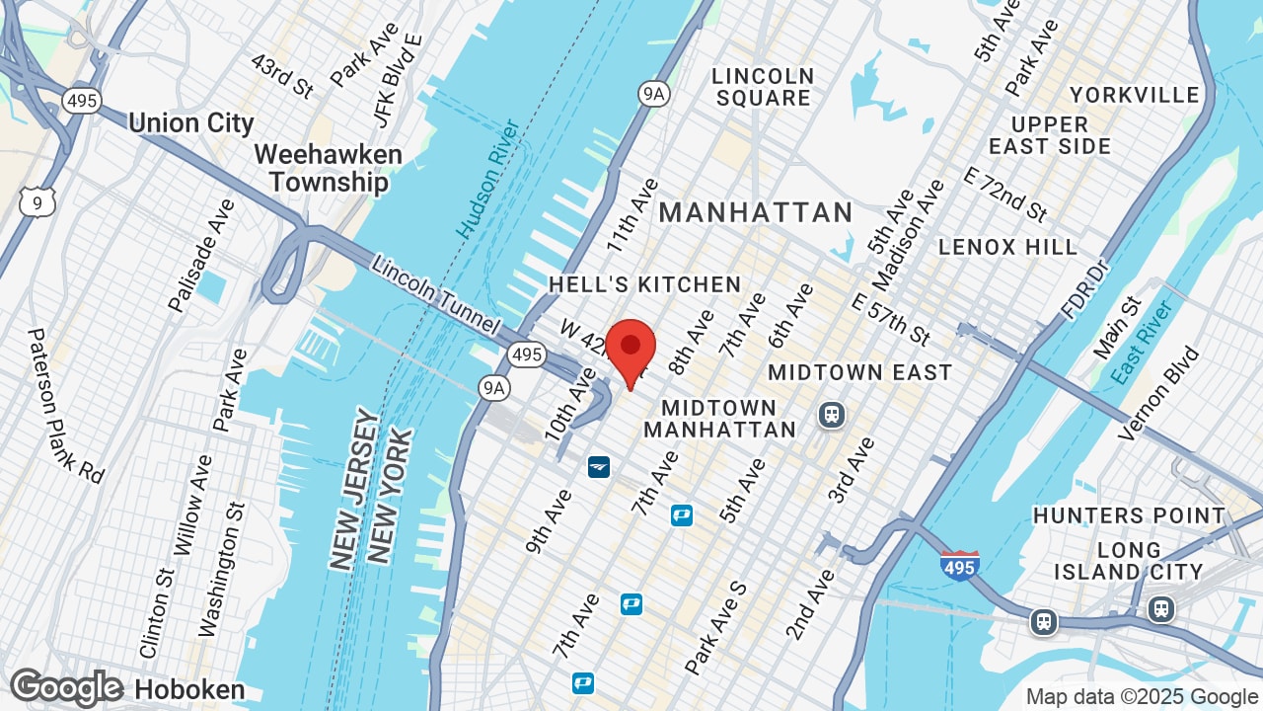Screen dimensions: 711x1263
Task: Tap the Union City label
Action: point(191,123)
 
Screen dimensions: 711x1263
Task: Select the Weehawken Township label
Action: point(329,169)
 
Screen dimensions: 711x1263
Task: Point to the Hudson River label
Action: point(487,179)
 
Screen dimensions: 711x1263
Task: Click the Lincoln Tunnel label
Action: point(436,294)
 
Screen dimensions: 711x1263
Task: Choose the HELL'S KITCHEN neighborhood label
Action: point(644,284)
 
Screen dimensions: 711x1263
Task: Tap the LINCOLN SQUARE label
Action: point(764,87)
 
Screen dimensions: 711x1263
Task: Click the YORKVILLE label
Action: point(1135,95)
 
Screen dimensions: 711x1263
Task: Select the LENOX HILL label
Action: point(1007,246)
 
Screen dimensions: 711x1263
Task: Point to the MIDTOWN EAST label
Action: point(859,372)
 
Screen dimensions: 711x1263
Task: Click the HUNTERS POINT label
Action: point(1129,515)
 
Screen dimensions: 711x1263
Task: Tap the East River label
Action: point(1141,343)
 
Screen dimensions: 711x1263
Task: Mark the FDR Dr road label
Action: point(1084,292)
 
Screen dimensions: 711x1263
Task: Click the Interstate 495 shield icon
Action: point(959,565)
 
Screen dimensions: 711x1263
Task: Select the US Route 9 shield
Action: point(37,202)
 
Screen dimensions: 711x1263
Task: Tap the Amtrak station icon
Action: point(598,466)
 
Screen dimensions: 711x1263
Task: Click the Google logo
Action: point(66,688)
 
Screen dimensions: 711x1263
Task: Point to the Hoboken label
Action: point(189,689)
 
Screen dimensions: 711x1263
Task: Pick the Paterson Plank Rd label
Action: point(65,405)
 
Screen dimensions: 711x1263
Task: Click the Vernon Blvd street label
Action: point(1159,393)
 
